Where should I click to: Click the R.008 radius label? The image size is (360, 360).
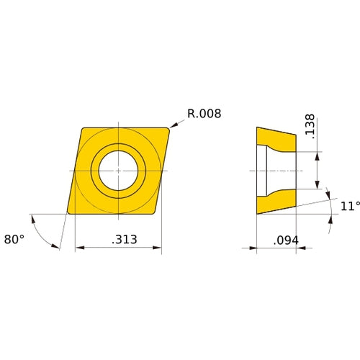point(204,113)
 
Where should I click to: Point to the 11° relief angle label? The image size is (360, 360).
point(349,207)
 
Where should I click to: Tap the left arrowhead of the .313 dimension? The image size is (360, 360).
point(79,248)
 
